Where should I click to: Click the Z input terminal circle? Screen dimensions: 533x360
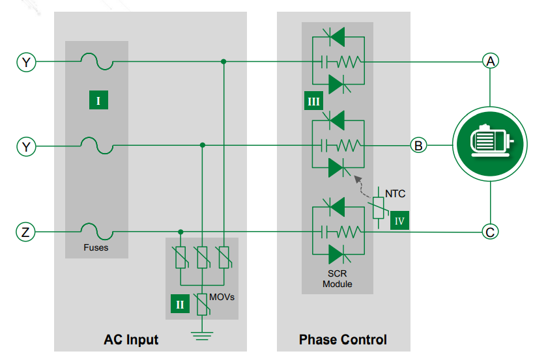[25, 232]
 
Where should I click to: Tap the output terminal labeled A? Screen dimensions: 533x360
[490, 61]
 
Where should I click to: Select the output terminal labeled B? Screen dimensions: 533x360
[418, 145]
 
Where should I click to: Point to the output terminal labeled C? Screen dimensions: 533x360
[490, 232]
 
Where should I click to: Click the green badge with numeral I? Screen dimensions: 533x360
[98, 100]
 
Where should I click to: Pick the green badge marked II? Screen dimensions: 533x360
[180, 304]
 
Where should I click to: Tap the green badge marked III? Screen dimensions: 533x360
[313, 101]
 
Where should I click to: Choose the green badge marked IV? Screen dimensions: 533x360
[399, 221]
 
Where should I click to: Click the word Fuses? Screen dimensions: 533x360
[96, 247]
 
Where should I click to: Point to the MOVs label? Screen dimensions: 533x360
[222, 297]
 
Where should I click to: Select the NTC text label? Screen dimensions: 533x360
[395, 193]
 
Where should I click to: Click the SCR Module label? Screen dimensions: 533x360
[338, 279]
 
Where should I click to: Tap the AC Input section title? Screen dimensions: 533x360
[131, 340]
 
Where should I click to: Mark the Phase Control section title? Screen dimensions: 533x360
[343, 340]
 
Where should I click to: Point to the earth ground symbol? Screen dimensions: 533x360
[202, 335]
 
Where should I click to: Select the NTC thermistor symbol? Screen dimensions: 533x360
[379, 207]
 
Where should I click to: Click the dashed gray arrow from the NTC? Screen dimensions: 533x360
[361, 187]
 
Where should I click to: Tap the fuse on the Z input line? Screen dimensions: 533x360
[97, 232]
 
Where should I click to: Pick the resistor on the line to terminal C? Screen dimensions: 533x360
[350, 232]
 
